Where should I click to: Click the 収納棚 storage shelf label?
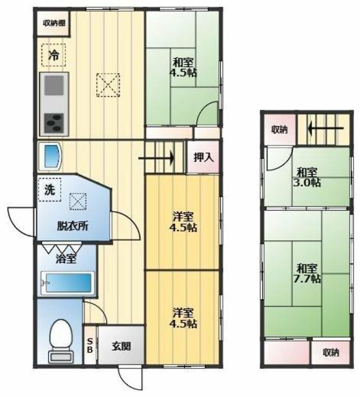54,24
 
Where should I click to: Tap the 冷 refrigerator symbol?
54,55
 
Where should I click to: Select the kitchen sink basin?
54,86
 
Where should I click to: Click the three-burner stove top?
54,123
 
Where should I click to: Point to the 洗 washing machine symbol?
50,189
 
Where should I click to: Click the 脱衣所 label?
73,226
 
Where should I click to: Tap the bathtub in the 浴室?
68,283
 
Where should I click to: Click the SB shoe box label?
90,346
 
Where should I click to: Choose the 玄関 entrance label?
122,346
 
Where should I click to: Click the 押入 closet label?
204,158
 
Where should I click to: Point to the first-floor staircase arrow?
156,159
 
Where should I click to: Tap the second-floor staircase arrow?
326,128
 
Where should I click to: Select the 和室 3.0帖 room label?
307,177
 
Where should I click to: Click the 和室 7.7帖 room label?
307,274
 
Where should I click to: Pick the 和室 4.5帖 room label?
183,68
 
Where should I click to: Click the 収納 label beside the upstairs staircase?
279,130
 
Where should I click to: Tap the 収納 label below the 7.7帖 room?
331,352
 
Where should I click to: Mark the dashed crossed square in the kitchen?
108,85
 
